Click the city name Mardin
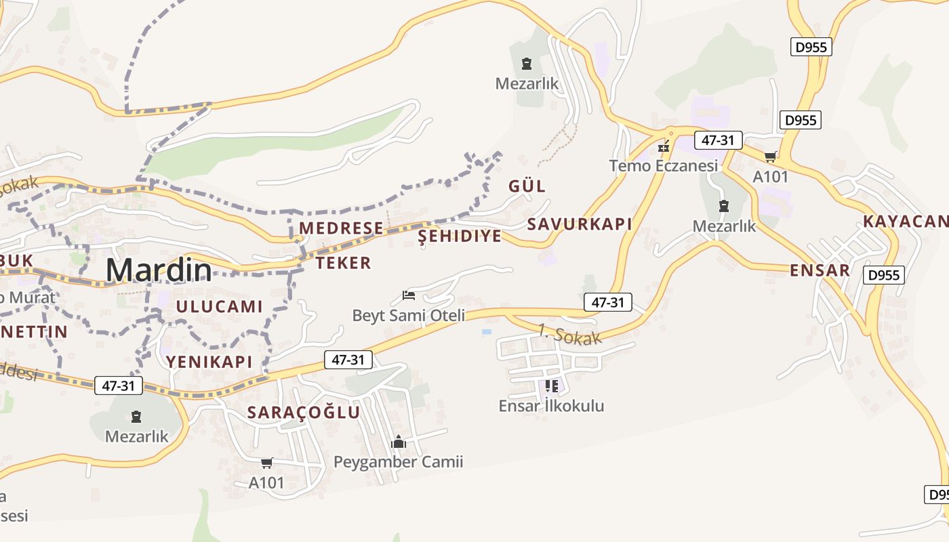(x=159, y=270)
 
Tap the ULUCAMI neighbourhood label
(x=219, y=306)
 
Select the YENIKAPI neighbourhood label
(x=209, y=361)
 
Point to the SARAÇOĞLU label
(x=304, y=412)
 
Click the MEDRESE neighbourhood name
(x=341, y=228)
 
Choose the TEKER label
(x=344, y=263)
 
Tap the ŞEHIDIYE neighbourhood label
(x=460, y=236)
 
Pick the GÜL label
(x=527, y=186)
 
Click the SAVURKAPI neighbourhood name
(x=580, y=224)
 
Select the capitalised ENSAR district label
(x=820, y=270)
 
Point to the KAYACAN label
(x=906, y=222)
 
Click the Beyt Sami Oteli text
(x=409, y=315)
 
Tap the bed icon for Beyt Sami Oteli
(x=409, y=295)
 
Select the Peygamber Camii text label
(x=399, y=462)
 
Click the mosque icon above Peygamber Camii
(x=399, y=442)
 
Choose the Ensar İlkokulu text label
(x=551, y=406)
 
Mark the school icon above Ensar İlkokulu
(x=551, y=386)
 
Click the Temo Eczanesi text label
(x=663, y=165)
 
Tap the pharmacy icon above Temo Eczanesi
(x=664, y=146)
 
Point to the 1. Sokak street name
(x=569, y=335)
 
